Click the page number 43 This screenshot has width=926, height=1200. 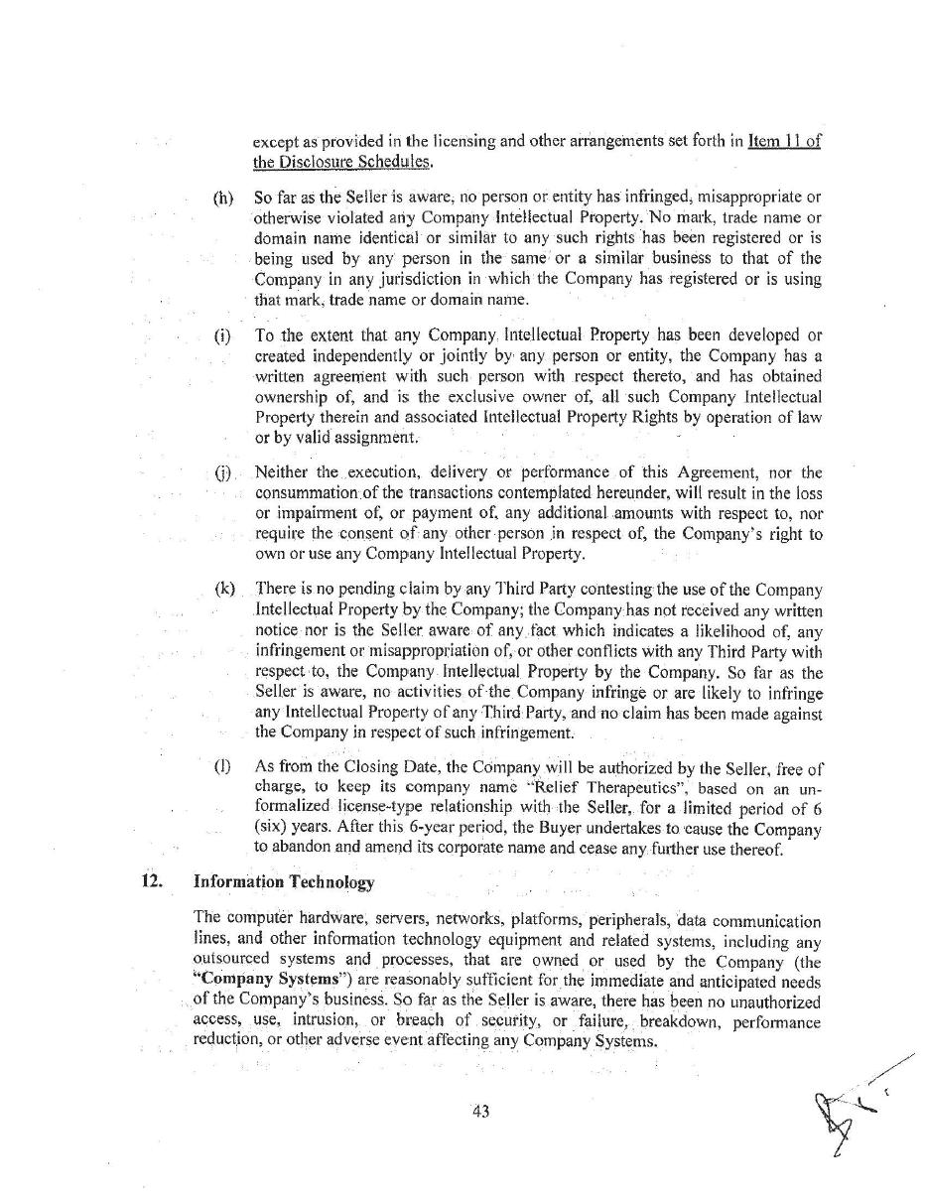pyautogui.click(x=481, y=1112)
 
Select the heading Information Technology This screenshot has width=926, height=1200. pyautogui.click(x=284, y=881)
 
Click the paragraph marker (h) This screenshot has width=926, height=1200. pyautogui.click(x=222, y=198)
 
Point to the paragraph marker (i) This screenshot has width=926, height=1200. pyautogui.click(x=222, y=335)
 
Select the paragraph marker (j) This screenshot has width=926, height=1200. pyautogui.click(x=222, y=472)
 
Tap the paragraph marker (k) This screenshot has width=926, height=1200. pyautogui.click(x=224, y=589)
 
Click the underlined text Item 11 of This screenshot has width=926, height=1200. pyautogui.click(x=784, y=141)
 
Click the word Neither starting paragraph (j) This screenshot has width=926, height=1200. pyautogui.click(x=282, y=472)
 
